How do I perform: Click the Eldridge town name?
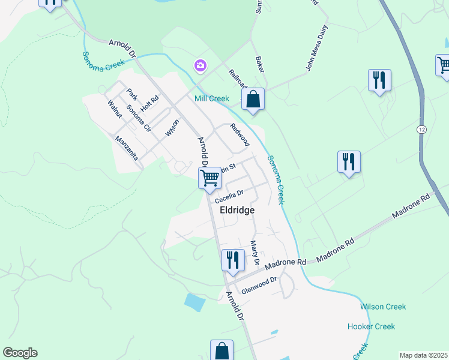point(237,210)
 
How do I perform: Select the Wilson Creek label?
point(383,307)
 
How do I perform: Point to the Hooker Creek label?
point(371,326)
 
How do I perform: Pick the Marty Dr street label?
point(255,254)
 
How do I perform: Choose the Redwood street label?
point(240,134)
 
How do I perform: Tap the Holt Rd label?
point(149,103)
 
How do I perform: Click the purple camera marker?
point(200,65)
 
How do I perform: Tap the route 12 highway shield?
point(421,129)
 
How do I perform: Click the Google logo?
point(20,353)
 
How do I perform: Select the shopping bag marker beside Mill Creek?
point(253,100)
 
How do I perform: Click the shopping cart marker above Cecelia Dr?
point(209,177)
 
